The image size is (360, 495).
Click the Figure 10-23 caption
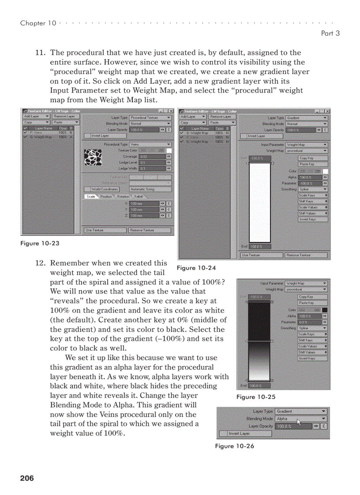(40, 243)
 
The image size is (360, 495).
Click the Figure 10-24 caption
(196, 268)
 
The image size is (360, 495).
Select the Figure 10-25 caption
(256, 397)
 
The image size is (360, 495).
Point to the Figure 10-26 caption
(234, 446)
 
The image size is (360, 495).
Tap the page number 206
(27, 478)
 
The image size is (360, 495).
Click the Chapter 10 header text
(38, 23)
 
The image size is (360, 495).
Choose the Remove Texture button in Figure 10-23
(149, 230)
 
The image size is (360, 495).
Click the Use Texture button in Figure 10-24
(261, 255)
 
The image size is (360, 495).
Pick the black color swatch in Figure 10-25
(325, 310)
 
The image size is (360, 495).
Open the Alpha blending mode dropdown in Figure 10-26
(301, 419)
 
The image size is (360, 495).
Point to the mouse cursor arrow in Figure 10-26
(299, 422)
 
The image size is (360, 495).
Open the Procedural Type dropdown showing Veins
(150, 144)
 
